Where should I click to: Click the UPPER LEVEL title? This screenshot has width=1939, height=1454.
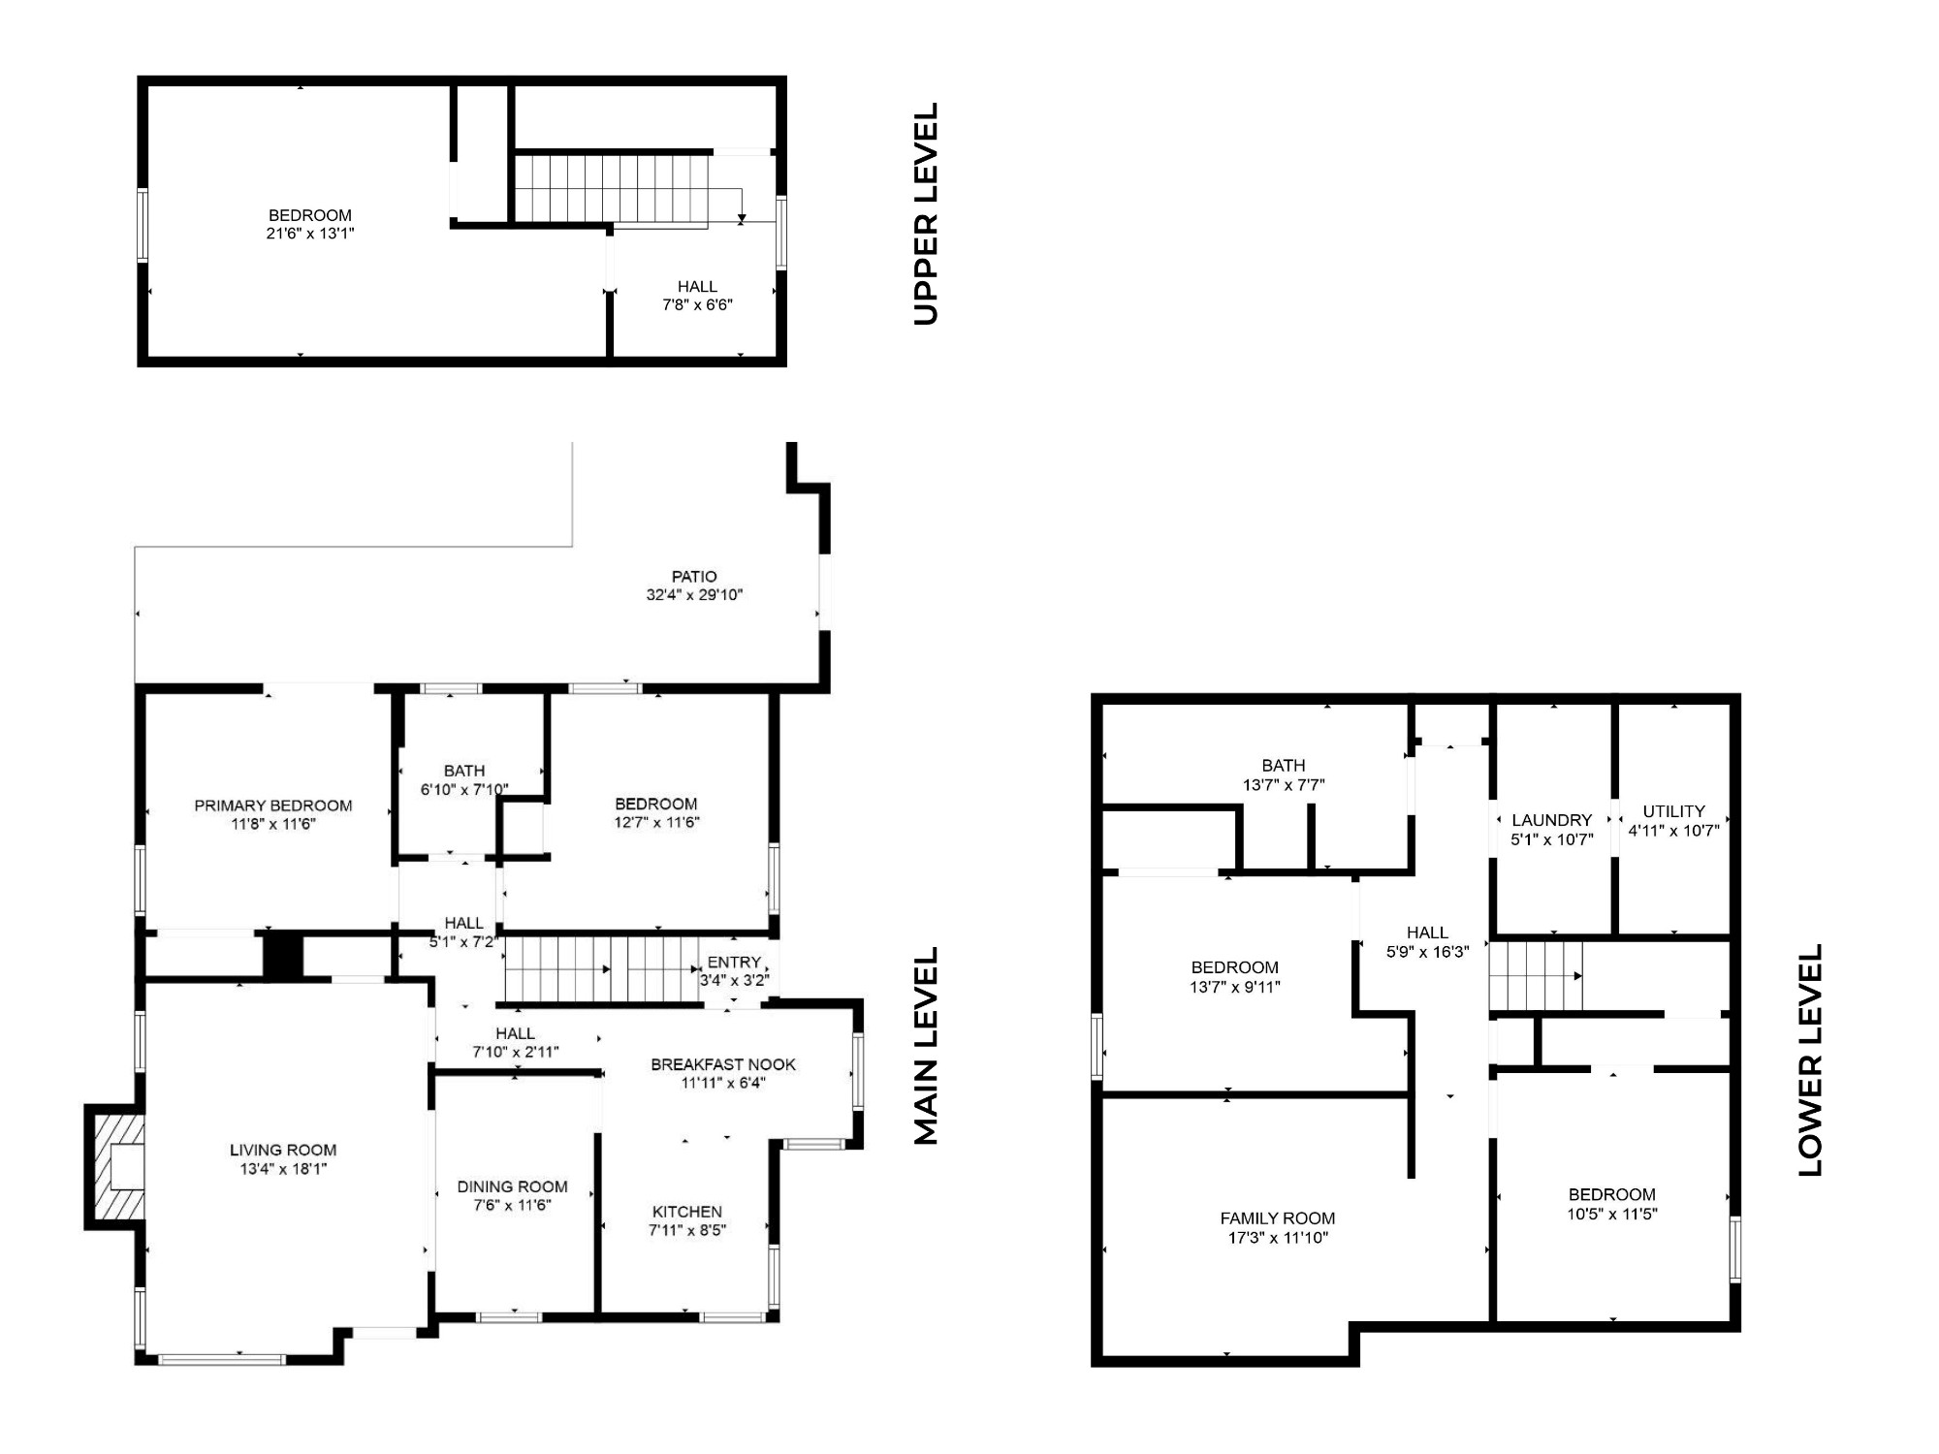tap(927, 213)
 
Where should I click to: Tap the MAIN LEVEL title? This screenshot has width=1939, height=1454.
tap(927, 1046)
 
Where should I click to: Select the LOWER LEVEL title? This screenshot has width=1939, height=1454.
tap(1810, 1059)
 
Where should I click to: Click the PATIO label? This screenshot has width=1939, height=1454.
tap(694, 577)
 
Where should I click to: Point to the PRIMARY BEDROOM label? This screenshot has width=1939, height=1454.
tap(273, 806)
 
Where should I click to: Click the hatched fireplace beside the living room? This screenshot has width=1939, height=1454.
tap(114, 1167)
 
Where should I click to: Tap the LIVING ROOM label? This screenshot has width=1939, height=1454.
tap(283, 1151)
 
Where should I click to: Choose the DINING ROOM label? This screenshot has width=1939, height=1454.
tap(513, 1186)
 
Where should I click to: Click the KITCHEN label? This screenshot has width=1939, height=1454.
tap(687, 1212)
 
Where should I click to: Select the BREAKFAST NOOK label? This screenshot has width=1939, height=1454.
tap(723, 1064)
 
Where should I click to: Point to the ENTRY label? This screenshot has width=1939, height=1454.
tap(734, 963)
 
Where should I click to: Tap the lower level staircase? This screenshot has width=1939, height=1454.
tap(1537, 976)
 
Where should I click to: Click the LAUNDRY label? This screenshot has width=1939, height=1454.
tap(1552, 821)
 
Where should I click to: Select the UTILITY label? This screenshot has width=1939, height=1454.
tap(1674, 811)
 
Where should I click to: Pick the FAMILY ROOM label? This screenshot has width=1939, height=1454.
tap(1278, 1218)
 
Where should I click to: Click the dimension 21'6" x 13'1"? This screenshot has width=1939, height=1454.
tap(310, 234)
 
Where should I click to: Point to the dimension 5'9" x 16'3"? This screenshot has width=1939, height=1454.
tap(1428, 952)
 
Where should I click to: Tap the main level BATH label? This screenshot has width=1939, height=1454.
tap(464, 771)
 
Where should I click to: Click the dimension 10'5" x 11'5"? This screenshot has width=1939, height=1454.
tap(1612, 1214)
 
